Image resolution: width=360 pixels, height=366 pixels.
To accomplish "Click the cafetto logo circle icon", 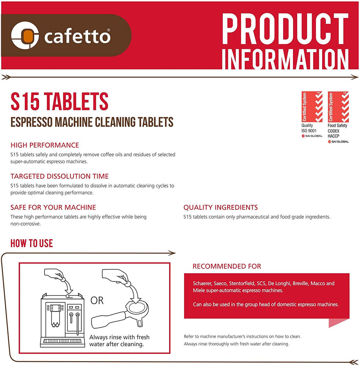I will click(25, 35).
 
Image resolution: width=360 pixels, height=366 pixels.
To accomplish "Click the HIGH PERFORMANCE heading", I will click(45, 145).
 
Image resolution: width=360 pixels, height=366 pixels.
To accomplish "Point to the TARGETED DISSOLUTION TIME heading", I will click(59, 176).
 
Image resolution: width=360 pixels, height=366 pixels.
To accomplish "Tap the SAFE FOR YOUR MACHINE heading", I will click(53, 207).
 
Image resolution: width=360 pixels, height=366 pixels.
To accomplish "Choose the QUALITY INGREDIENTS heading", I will click(221, 207).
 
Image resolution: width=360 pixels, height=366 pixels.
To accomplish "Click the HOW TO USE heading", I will click(32, 243).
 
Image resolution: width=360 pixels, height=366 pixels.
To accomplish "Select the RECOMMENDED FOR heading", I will click(227, 266).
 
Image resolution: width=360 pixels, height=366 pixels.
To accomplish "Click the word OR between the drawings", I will click(97, 301).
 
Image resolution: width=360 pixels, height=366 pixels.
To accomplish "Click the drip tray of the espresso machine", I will click(63, 341).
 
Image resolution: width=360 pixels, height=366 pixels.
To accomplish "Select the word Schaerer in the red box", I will click(202, 283).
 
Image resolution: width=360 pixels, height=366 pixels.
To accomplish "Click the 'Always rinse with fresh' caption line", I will click(119, 337).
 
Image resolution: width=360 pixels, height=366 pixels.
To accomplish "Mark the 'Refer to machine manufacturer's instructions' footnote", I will click(242, 336).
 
